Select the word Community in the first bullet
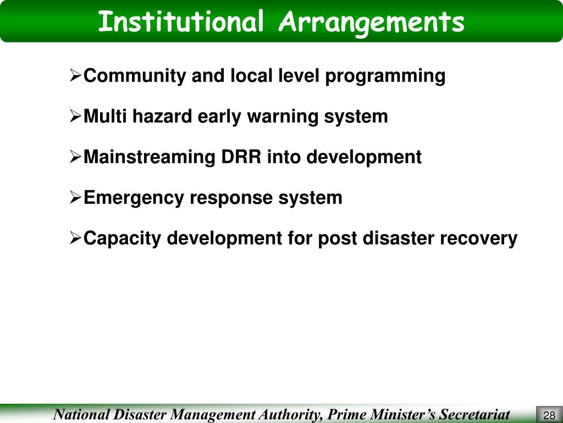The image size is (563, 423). click(135, 76)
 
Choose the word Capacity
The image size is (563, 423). click(123, 239)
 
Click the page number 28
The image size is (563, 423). click(548, 415)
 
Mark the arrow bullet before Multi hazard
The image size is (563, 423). click(76, 117)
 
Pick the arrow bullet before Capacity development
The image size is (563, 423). click(76, 239)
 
